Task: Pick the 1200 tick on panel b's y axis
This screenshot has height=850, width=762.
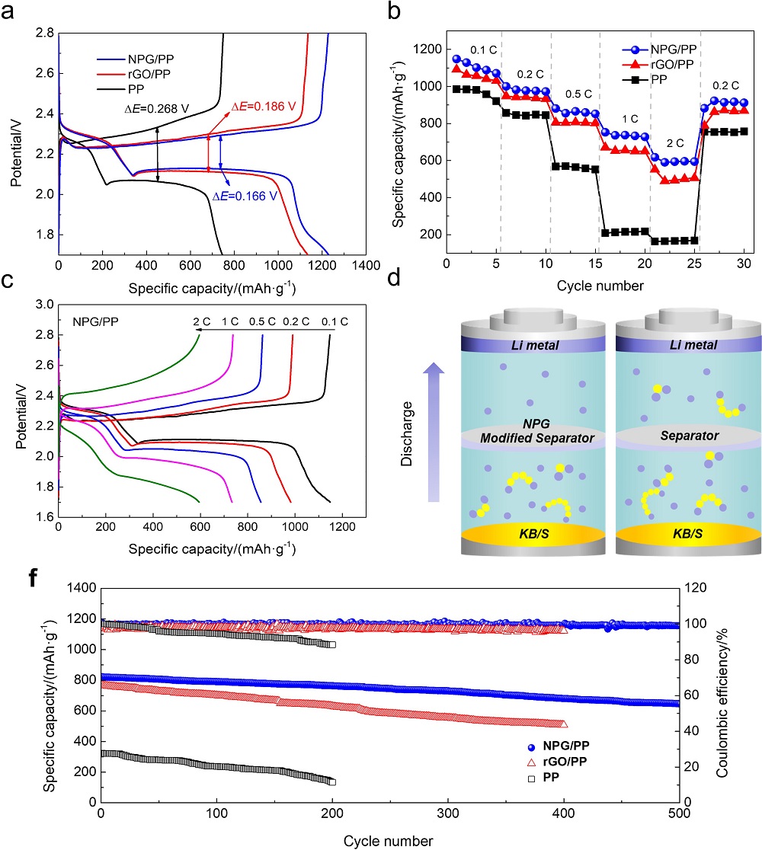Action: click(430, 50)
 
